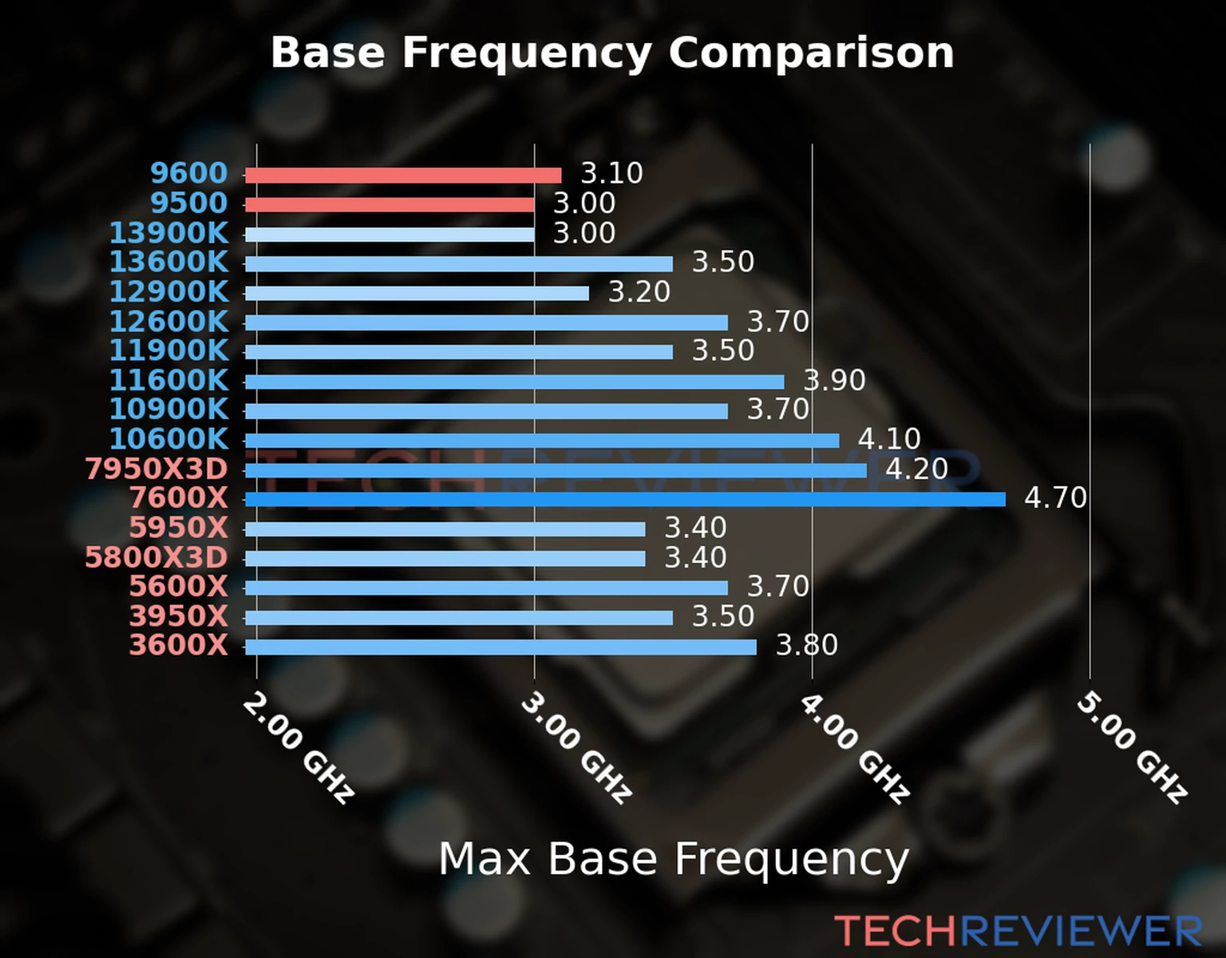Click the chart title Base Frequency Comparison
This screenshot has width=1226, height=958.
[612, 53]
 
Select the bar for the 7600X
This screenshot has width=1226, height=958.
[624, 500]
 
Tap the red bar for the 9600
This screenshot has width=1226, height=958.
[402, 176]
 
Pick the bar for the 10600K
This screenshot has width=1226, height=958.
[541, 441]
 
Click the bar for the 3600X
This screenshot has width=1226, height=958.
[500, 647]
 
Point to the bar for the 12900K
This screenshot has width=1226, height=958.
[416, 294]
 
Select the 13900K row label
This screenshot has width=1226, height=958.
[169, 233]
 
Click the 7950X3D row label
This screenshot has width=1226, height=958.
[156, 469]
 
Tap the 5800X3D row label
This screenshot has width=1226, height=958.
[156, 557]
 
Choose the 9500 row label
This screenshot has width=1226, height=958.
[189, 204]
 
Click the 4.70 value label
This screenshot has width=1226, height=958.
[1055, 498]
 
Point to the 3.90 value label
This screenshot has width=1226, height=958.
[834, 380]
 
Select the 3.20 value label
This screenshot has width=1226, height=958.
[639, 292]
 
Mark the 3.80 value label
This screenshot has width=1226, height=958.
[806, 645]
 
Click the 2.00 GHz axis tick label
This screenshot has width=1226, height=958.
[298, 747]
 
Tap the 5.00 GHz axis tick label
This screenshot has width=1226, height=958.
[1132, 747]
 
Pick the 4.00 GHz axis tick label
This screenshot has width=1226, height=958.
[854, 747]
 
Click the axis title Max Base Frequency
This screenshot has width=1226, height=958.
[674, 860]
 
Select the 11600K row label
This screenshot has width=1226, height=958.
[169, 381]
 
